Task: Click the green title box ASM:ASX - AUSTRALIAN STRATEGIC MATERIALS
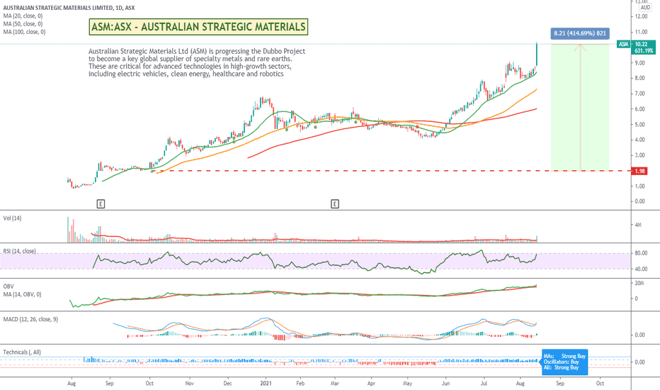pyautogui.click(x=199, y=27)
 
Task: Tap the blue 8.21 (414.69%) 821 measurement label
pyautogui.click(x=580, y=33)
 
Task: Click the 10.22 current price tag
pyautogui.click(x=639, y=44)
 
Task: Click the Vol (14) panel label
pyautogui.click(x=12, y=218)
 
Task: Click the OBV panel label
pyautogui.click(x=9, y=286)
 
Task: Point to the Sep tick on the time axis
pyautogui.click(x=110, y=383)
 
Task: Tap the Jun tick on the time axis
pyautogui.click(x=445, y=383)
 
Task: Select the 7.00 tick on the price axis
pyautogui.click(x=640, y=94)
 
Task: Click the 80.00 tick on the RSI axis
pyautogui.click(x=642, y=252)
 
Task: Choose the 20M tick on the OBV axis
pyautogui.click(x=640, y=283)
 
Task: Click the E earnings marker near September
pyautogui.click(x=101, y=204)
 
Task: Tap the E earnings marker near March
pyautogui.click(x=335, y=204)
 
